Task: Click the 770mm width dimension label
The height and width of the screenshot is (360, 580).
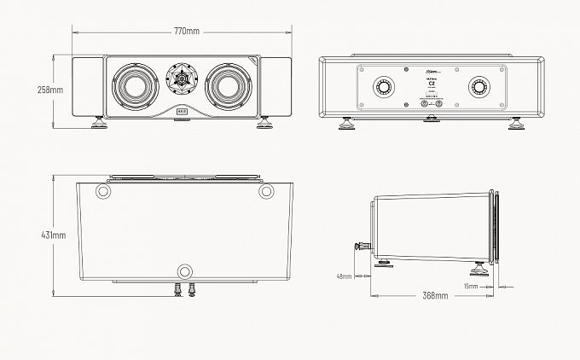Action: pos(187,32)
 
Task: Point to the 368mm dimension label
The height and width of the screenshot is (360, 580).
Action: pos(435,295)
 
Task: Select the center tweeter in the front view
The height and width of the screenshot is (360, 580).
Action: pos(182,79)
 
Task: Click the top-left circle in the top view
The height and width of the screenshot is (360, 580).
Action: pos(104,191)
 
